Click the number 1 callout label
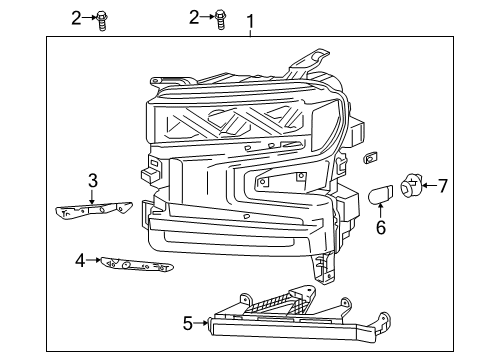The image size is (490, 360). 250,19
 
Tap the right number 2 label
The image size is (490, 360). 196,17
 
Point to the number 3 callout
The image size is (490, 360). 92,180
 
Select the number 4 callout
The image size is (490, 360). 80,262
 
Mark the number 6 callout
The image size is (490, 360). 379,227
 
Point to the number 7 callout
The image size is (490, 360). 442,184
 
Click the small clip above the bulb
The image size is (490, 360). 373,156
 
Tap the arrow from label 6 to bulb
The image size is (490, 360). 379,210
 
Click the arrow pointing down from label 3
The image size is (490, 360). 92,196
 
